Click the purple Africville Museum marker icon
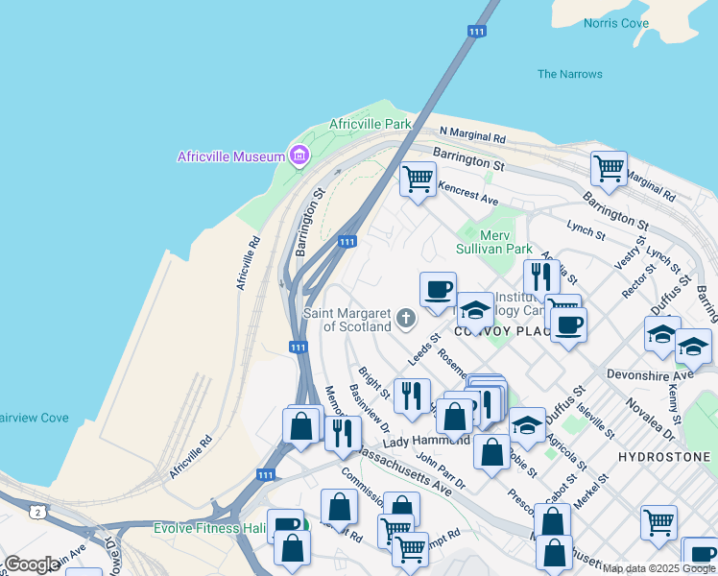[x=299, y=156]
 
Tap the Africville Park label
[x=370, y=124]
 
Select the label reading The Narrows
[x=570, y=74]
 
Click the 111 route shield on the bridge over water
[x=477, y=32]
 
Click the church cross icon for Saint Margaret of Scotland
[x=406, y=318]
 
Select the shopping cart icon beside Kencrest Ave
[x=417, y=179]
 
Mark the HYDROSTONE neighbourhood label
[x=663, y=457]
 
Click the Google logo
[x=32, y=564]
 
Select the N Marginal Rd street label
[x=472, y=133]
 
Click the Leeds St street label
[x=422, y=348]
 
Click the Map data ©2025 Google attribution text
[x=658, y=568]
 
